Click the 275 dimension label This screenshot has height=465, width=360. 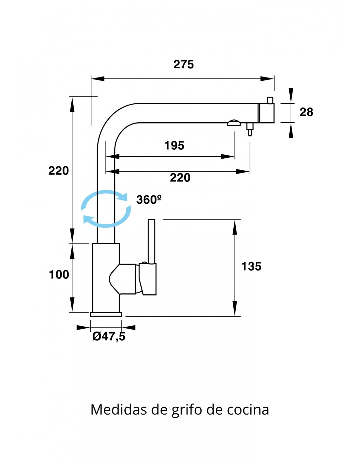(184, 64)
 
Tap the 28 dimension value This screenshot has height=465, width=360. (306, 112)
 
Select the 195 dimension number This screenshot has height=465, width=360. (174, 146)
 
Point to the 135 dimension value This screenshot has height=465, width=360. (251, 267)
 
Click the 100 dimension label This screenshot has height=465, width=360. (59, 275)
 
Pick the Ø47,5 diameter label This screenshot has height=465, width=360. (109, 336)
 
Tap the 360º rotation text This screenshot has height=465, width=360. (149, 200)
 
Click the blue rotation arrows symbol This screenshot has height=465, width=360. (106, 209)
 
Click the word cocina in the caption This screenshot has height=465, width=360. (248, 410)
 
